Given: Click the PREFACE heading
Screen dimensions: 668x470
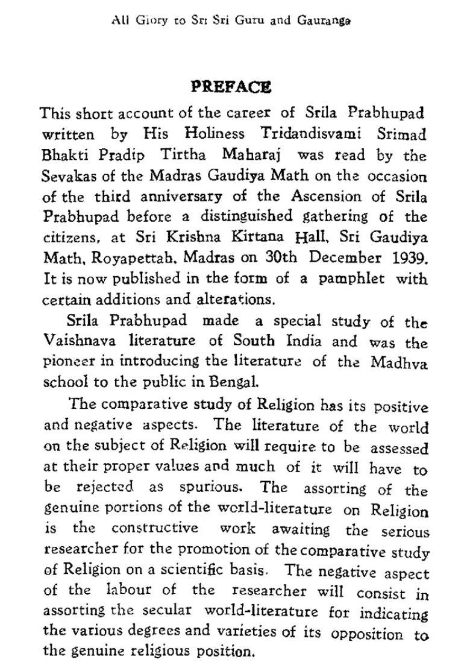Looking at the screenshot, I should pyautogui.click(x=231, y=87).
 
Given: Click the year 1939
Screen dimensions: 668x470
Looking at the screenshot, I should pyautogui.click(x=408, y=258).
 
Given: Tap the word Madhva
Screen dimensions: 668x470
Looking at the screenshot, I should pyautogui.click(x=399, y=363).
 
